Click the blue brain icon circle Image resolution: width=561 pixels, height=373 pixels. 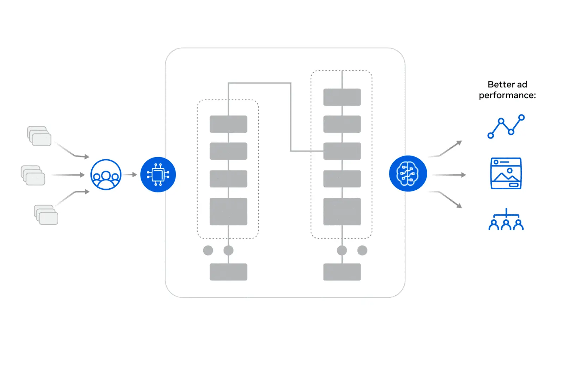click(408, 173)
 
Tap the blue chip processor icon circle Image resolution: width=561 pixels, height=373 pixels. click(158, 174)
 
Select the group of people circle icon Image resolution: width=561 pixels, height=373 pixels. click(106, 174)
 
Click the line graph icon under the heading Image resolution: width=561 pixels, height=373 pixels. click(506, 126)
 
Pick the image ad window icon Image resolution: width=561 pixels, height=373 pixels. click(506, 173)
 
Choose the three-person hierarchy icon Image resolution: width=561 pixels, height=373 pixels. click(506, 220)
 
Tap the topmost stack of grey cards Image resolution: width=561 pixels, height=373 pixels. click(39, 136)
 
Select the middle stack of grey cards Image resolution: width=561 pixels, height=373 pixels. click(33, 175)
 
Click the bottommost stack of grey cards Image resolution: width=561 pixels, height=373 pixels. click(46, 215)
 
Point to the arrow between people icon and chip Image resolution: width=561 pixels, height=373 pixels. click(130, 174)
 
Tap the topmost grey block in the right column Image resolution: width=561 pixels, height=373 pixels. click(342, 97)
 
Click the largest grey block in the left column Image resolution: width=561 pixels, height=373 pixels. click(228, 212)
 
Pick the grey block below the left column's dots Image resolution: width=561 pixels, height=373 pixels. click(228, 272)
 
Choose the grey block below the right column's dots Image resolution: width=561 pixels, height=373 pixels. click(342, 272)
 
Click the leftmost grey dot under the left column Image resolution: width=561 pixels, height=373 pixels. click(208, 250)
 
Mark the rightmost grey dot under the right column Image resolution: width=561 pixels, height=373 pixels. click(362, 250)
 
